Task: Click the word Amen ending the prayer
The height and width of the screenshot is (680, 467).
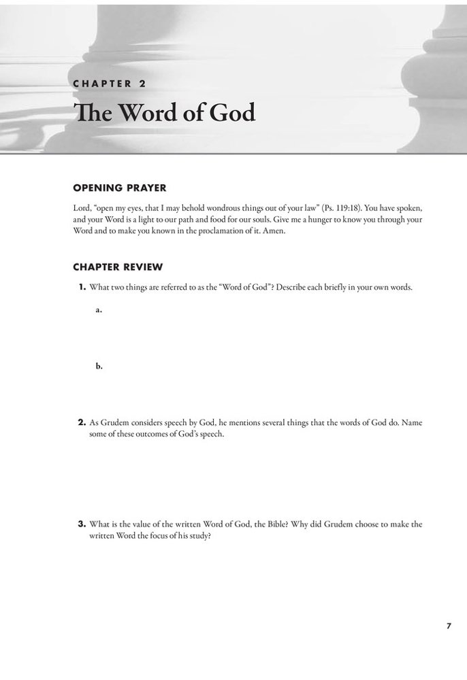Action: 274,231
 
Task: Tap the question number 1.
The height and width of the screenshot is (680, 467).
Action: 82,288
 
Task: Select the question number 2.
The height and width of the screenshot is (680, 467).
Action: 82,422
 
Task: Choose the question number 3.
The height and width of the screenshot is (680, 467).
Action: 82,524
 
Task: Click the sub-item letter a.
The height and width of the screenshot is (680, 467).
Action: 99,309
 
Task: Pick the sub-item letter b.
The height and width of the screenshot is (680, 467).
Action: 99,366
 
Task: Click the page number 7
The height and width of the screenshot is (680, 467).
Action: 449,626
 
